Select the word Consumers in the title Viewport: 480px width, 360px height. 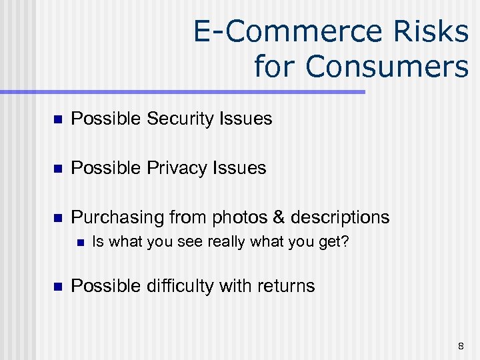(x=387, y=67)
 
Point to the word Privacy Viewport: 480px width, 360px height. (x=177, y=169)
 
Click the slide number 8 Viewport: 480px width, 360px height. (x=461, y=345)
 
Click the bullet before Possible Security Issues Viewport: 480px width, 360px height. (x=57, y=120)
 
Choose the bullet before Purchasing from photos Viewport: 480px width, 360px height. (x=57, y=218)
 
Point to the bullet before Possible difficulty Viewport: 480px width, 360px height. (x=57, y=287)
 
